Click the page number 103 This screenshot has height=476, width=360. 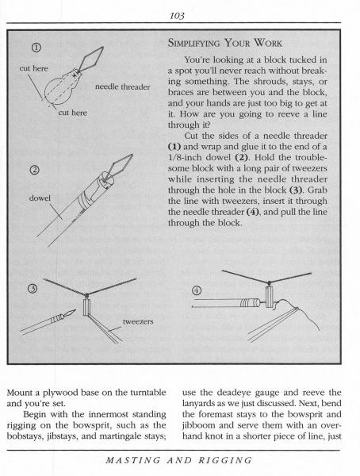coord(177,16)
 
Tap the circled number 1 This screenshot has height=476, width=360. coord(36,48)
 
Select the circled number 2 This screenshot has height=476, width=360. coord(34,170)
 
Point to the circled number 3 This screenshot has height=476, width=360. coord(33,289)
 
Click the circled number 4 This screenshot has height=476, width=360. coord(197,291)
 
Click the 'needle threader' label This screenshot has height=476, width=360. coord(123,86)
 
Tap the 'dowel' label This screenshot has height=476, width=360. coord(40,198)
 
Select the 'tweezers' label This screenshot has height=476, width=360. coord(138,321)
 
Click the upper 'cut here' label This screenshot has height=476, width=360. coord(33,68)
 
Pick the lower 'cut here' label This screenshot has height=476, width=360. coord(72,113)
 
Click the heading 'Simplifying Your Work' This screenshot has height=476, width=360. coord(225,43)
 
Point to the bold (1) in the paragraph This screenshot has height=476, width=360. coord(174,147)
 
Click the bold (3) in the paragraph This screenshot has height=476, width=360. coord(296,190)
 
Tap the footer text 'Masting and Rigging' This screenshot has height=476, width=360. coord(179,460)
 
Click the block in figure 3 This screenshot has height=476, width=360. coord(86,307)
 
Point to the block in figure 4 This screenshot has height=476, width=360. coord(270,297)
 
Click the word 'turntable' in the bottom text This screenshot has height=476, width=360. coord(148,393)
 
